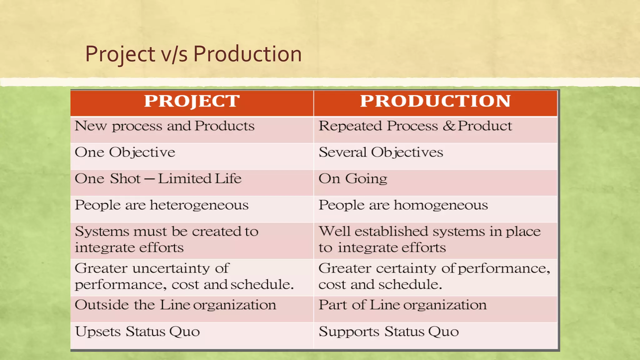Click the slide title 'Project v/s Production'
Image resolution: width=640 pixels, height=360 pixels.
(x=193, y=54)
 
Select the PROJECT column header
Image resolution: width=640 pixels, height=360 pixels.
(x=192, y=101)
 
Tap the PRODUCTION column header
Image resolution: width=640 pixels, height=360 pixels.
(x=435, y=101)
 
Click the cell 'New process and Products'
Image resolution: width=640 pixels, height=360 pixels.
(x=164, y=126)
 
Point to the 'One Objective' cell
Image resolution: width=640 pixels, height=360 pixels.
(x=125, y=152)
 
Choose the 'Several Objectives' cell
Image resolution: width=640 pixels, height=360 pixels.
(x=381, y=152)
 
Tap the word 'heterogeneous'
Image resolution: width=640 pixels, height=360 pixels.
(x=199, y=205)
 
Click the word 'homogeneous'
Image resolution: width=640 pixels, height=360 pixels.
(x=441, y=205)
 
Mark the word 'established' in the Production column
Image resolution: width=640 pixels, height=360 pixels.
(x=391, y=232)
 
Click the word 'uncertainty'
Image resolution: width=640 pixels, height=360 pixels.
(x=171, y=268)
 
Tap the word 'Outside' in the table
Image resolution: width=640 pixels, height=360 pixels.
(x=102, y=305)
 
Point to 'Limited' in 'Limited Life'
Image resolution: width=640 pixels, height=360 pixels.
(x=185, y=179)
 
